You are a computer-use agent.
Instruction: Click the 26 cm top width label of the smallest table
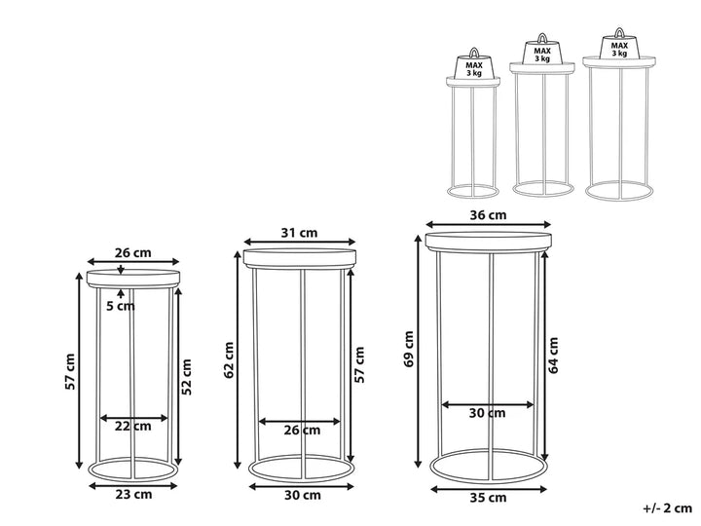point(133,252)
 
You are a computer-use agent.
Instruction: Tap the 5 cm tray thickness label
point(121,307)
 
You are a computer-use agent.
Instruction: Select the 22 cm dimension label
point(133,426)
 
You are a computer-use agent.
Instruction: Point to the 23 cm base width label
point(133,494)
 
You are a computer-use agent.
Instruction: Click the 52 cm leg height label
point(187,377)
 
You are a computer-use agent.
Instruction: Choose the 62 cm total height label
point(229,360)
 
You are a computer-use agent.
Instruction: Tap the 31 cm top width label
point(299,233)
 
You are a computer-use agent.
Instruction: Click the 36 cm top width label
point(488,215)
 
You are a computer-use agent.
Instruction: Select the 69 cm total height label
point(409,349)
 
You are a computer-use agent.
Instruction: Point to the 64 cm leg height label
point(553,356)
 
